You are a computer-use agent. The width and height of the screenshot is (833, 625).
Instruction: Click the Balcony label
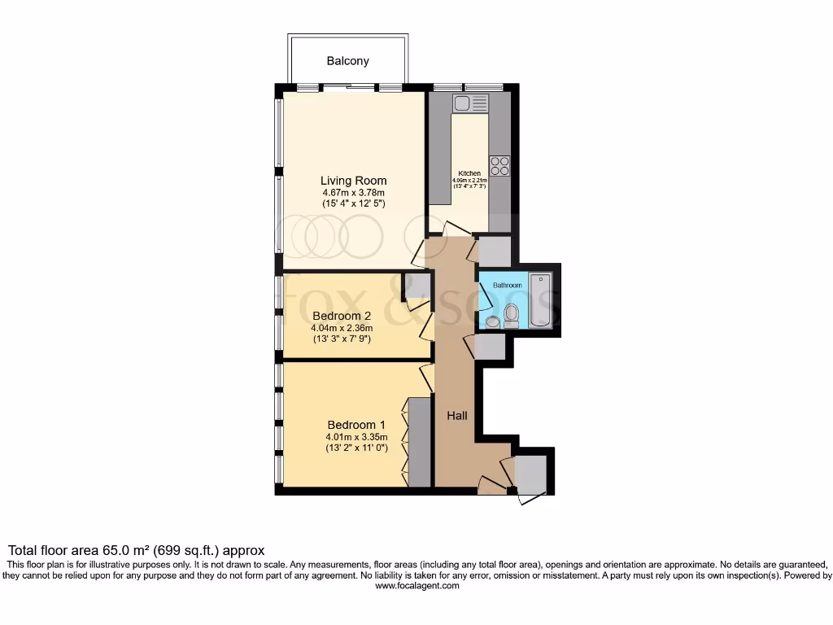click(347, 61)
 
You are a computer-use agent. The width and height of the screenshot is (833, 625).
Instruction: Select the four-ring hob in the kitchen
click(499, 165)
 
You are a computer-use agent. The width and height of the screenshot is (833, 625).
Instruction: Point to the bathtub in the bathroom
click(540, 300)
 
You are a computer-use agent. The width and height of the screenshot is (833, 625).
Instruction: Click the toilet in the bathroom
click(512, 315)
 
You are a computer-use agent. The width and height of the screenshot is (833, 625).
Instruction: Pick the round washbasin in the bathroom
click(492, 322)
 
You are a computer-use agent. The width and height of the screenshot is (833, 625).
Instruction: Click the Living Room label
click(353, 181)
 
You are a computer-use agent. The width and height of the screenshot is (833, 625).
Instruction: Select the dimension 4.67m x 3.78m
click(353, 194)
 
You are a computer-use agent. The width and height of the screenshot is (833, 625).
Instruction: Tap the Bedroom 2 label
click(342, 316)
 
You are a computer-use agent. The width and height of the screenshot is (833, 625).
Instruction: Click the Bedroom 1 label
click(355, 425)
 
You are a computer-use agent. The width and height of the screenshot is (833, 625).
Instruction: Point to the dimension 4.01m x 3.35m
click(355, 437)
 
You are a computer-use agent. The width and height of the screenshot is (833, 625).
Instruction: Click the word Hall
click(457, 416)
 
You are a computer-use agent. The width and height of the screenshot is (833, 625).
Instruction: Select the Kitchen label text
click(469, 173)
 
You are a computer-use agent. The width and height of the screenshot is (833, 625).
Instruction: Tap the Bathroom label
click(507, 286)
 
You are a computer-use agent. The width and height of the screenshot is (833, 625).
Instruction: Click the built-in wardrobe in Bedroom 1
click(420, 442)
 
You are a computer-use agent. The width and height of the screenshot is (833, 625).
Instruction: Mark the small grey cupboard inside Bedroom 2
click(416, 286)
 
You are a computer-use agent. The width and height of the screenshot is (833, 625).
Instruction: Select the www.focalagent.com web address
click(416, 585)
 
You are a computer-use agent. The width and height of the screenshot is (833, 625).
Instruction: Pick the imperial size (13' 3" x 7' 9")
click(342, 339)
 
